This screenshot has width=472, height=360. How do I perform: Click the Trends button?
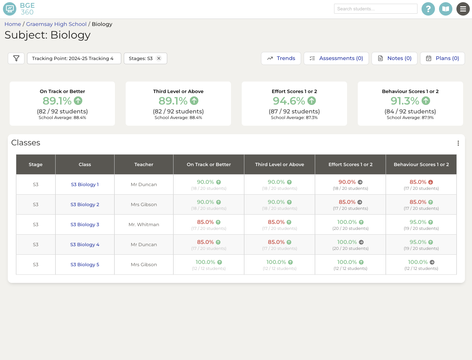click(281, 58)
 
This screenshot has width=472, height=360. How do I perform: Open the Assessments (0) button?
click(336, 58)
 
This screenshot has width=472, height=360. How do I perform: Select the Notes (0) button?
click(394, 58)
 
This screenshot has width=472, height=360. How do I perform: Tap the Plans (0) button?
click(442, 58)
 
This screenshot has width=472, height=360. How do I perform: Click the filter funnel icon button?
click(16, 58)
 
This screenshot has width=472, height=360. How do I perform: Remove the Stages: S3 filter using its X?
click(159, 58)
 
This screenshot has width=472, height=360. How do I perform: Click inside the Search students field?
click(375, 9)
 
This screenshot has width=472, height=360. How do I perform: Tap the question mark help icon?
click(428, 9)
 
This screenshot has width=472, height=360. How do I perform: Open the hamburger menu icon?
click(463, 9)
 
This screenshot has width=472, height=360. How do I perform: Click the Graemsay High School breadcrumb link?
click(56, 24)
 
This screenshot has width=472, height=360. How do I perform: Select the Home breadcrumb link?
click(13, 24)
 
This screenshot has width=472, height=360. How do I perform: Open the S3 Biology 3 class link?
click(85, 225)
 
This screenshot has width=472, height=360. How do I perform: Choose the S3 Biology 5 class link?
click(85, 265)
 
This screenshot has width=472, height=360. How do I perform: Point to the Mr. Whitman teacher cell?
click(144, 225)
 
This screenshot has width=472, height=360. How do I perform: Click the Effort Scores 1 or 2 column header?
click(350, 165)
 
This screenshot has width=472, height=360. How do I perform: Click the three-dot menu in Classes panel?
click(458, 143)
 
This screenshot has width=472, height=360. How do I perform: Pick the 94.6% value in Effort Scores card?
click(289, 101)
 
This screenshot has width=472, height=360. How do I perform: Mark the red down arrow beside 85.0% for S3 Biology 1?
click(430, 182)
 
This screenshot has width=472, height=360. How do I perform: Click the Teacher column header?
click(144, 165)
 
